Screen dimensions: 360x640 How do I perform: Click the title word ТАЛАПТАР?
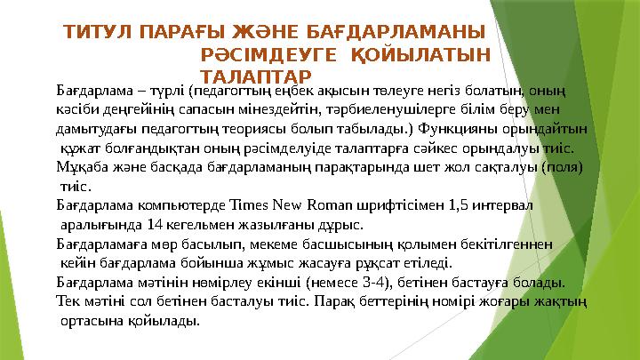256,76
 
